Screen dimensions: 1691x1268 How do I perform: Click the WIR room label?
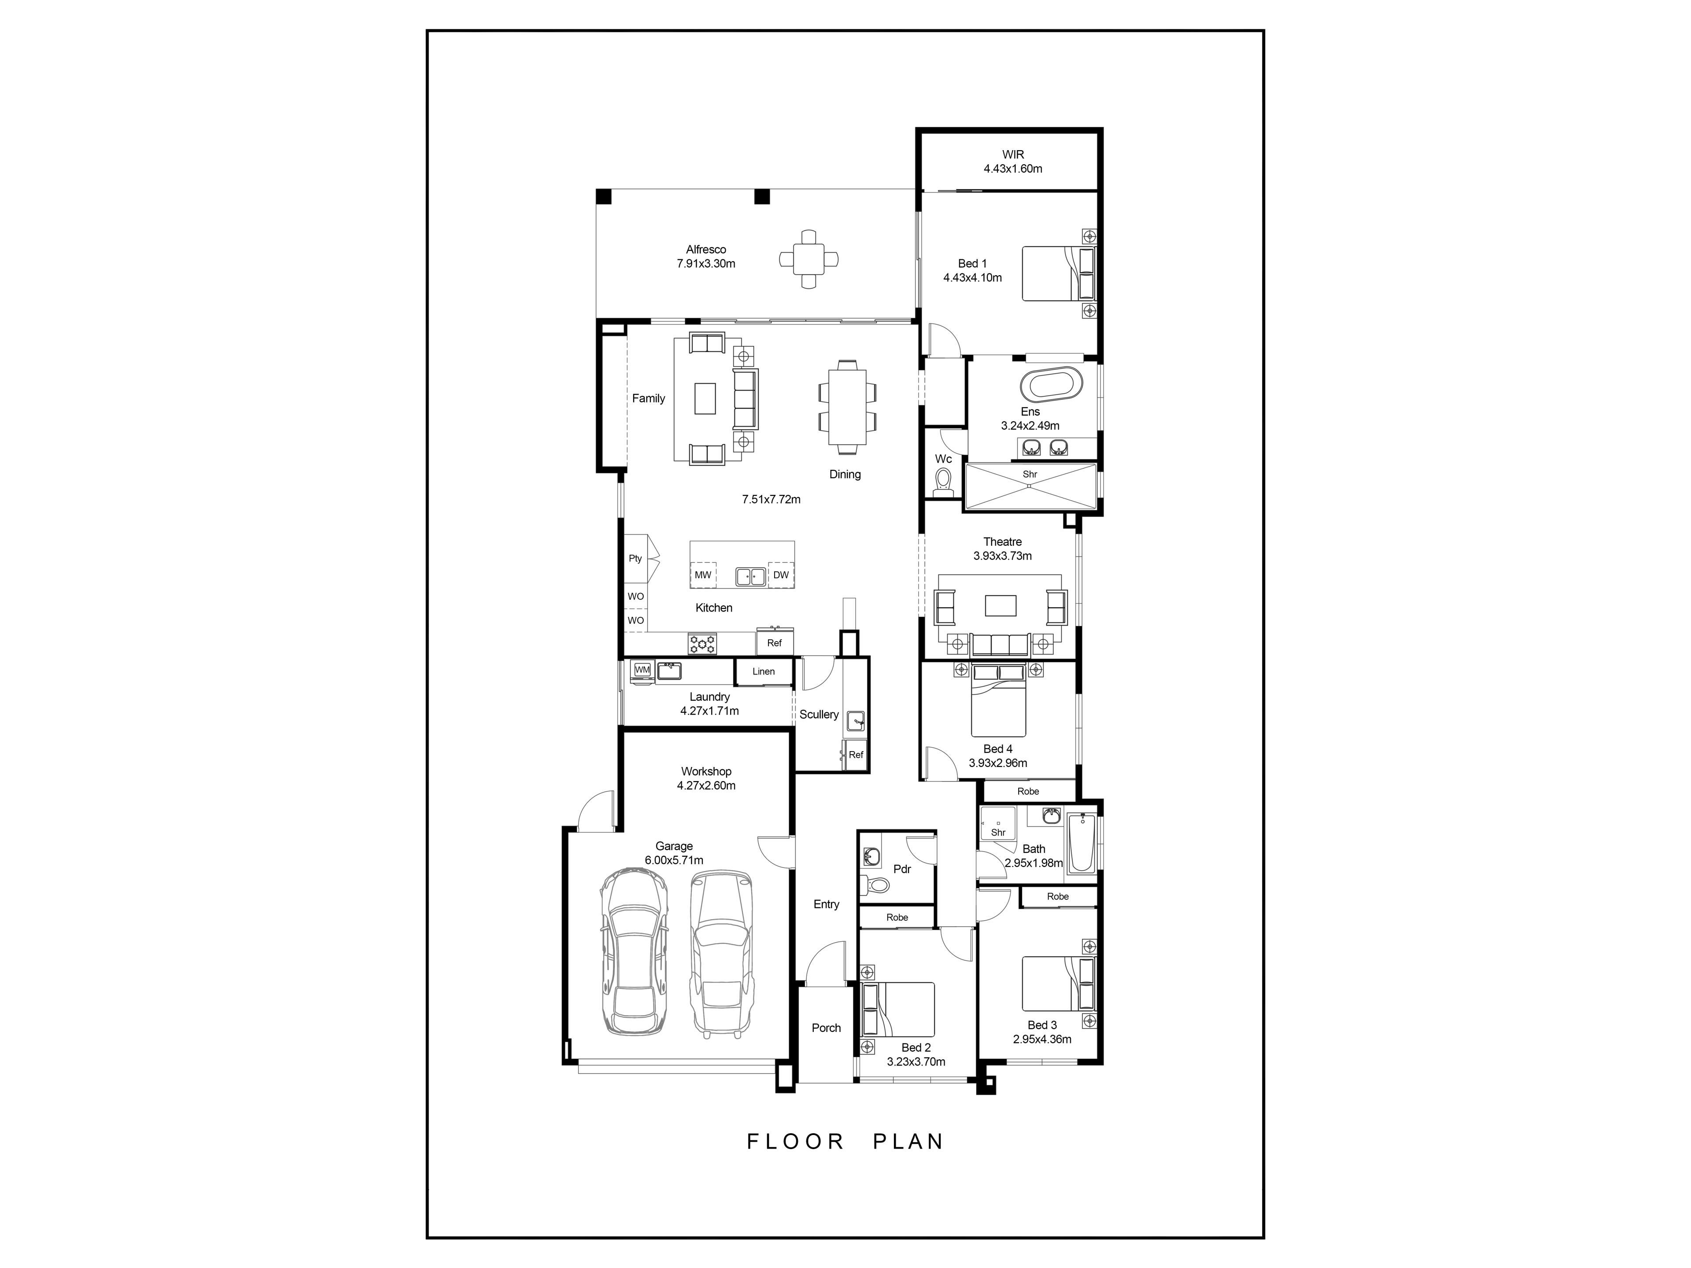coord(1013,155)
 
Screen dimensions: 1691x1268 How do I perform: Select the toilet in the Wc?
coord(943,482)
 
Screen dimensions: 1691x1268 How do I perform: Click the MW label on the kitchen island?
coord(702,575)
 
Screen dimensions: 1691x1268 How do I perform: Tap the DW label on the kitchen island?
coord(780,575)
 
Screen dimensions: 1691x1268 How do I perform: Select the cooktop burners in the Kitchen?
coord(702,644)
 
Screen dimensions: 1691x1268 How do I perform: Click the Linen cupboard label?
coord(763,671)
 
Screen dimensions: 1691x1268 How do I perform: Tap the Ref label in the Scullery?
coord(856,754)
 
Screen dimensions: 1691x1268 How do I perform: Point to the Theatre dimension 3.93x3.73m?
coord(1002,556)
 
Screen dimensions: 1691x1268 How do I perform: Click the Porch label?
coord(826,1028)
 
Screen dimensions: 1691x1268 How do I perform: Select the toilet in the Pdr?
coord(875,885)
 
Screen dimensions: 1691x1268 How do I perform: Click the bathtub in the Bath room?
coord(1082,844)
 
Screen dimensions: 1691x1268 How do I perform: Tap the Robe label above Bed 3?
coord(1058,896)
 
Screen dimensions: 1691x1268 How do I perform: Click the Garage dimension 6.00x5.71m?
coord(673,860)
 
